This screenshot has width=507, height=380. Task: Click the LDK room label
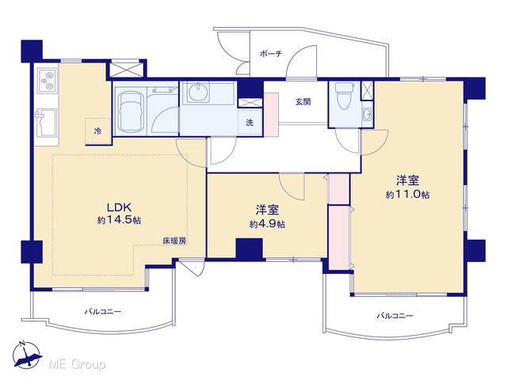point(119,207)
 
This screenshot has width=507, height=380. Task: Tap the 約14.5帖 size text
point(119,220)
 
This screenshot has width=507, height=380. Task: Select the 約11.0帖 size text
point(407,194)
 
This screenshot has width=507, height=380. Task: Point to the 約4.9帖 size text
point(267,224)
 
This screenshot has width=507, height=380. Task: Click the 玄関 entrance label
point(303,102)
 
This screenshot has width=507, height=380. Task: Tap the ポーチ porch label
point(271,54)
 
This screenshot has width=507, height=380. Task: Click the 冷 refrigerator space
point(97,131)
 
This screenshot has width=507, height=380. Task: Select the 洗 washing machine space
point(250,123)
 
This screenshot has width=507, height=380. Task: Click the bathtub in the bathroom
point(129,112)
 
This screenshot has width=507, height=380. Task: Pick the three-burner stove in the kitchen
point(48,80)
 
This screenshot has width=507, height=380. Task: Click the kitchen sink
point(46,123)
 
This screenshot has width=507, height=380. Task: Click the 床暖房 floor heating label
point(174,241)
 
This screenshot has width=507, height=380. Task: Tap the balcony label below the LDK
point(103,312)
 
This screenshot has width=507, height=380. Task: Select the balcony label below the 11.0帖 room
point(395,316)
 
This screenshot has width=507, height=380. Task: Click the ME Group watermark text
point(77,365)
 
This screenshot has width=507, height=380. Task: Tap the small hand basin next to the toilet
point(368,114)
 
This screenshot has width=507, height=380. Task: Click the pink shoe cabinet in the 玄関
point(272,114)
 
